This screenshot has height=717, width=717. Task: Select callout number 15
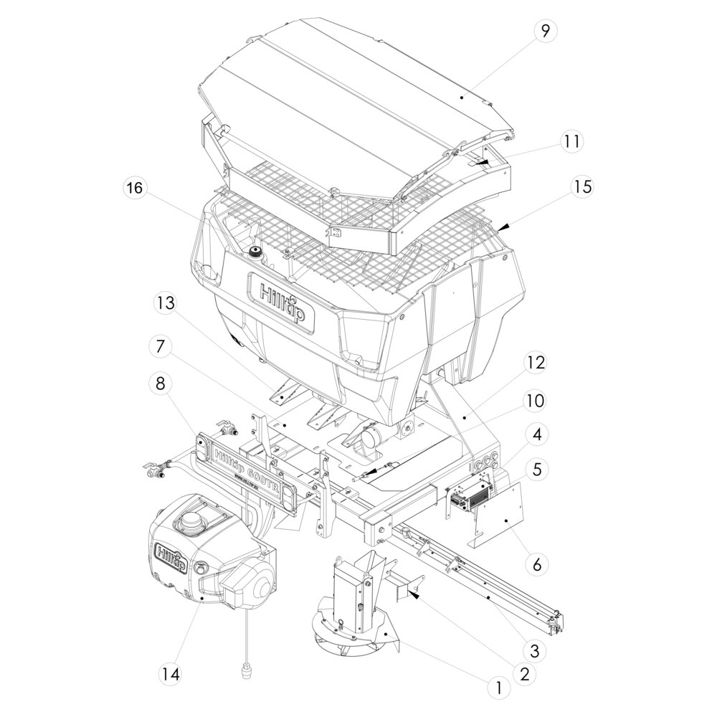tap(581, 187)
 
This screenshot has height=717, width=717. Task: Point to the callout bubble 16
tap(134, 189)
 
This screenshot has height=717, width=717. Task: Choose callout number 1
tap(497, 687)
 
